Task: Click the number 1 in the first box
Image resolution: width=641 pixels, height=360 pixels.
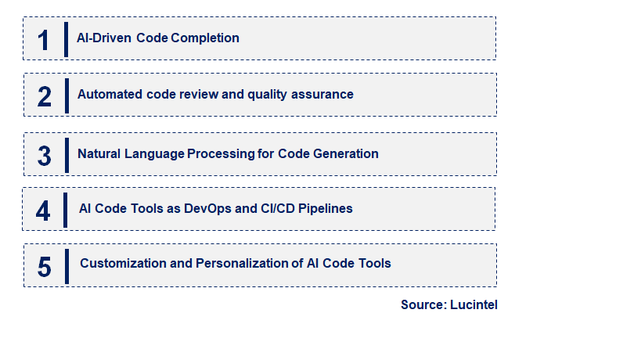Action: [43, 39]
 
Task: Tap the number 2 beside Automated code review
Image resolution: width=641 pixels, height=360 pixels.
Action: [44, 95]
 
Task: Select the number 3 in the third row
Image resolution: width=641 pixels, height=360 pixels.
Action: [44, 155]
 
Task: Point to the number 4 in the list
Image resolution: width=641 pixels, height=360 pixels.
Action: [43, 210]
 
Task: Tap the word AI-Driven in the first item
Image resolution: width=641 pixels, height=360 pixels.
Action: [104, 38]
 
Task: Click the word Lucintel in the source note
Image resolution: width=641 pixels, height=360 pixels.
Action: [474, 305]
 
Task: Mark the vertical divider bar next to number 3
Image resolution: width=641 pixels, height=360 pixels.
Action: [67, 153]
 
